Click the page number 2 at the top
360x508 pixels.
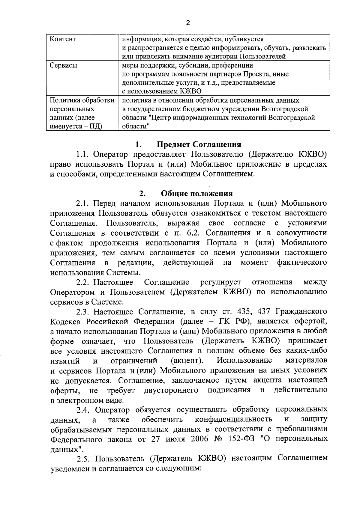188,23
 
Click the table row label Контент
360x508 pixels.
63,39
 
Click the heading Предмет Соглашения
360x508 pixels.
199,144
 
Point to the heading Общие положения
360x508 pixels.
197,194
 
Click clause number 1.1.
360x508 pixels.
82,154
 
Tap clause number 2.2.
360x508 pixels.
82,282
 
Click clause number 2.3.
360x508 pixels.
82,312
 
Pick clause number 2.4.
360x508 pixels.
82,410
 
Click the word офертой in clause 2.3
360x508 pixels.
311,322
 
